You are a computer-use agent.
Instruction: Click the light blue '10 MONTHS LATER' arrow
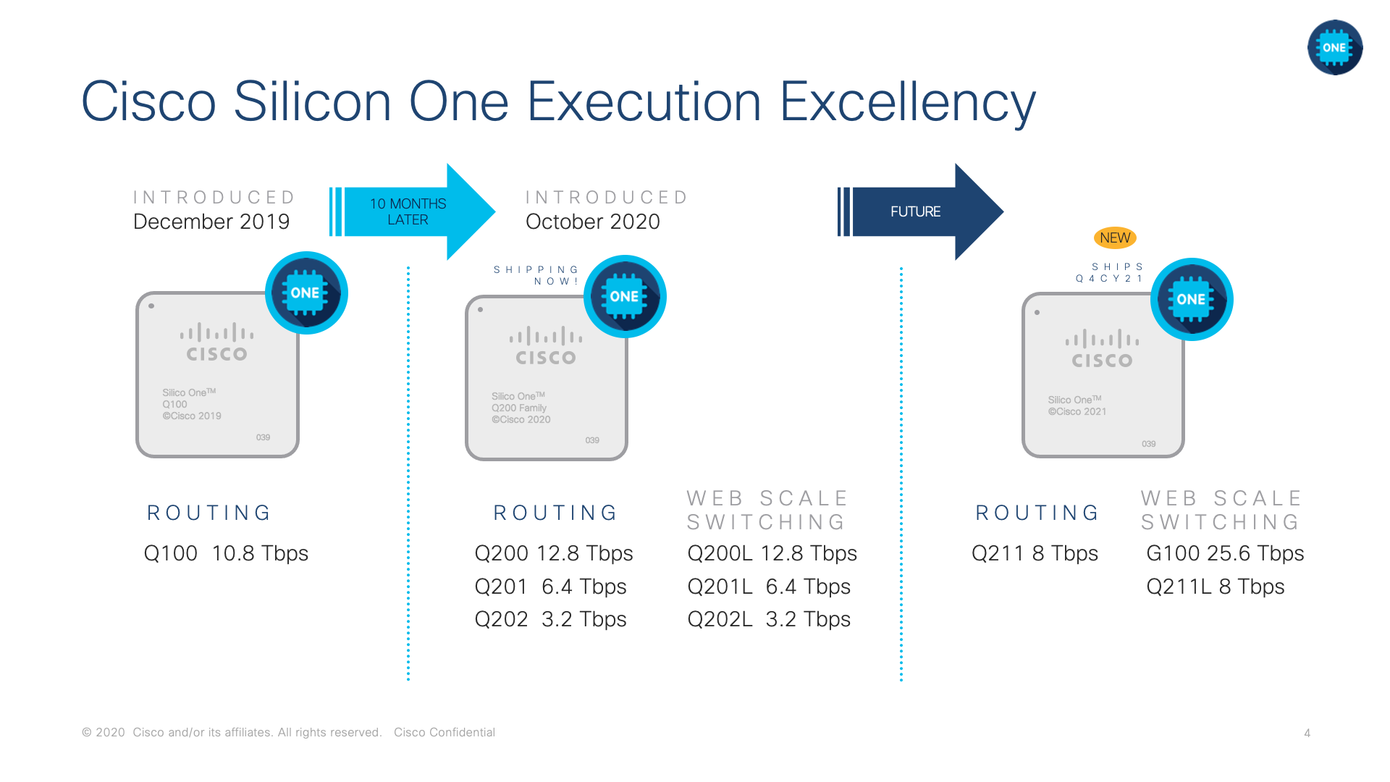413,211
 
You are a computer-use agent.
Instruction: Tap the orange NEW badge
1115,237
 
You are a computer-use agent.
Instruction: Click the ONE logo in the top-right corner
1335,48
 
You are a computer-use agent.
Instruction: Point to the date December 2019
211,222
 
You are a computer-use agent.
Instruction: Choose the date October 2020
593,222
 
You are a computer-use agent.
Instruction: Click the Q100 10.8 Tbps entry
226,553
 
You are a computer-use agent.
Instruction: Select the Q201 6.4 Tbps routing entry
550,586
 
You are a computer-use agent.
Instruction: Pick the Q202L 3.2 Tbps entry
769,619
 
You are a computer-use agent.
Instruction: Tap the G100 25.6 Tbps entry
1225,553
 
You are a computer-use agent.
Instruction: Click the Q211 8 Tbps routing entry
1035,553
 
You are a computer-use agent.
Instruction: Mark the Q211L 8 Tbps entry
1216,586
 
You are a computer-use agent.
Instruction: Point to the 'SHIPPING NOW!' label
536,275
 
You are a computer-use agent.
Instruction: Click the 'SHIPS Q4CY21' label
1110,273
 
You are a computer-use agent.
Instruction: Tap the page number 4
1307,733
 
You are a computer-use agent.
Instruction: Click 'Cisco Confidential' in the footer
445,733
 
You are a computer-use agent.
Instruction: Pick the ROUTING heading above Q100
209,513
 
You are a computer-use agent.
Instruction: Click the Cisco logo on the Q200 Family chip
546,345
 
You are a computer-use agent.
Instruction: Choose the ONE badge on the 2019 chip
306,293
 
